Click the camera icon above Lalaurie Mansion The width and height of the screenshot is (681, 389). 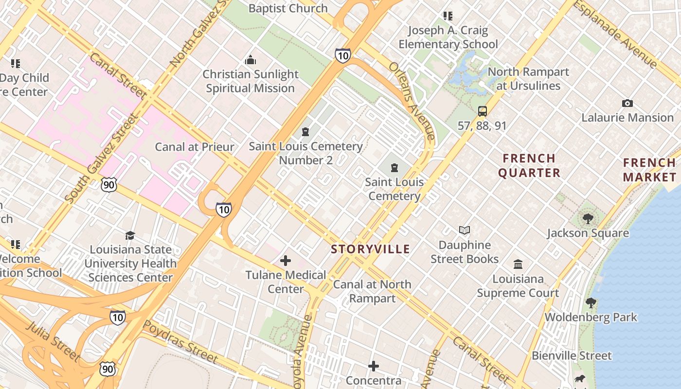click(x=627, y=103)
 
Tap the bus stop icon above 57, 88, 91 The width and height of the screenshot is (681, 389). click(x=482, y=111)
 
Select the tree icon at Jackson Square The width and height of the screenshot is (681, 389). click(x=588, y=218)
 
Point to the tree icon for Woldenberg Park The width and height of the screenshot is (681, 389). click(x=591, y=303)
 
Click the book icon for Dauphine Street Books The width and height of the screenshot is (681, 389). click(x=465, y=230)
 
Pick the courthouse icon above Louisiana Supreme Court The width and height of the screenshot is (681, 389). click(x=518, y=265)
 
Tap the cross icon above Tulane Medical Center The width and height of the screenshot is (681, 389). click(x=286, y=261)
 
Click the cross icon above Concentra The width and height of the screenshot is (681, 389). click(x=374, y=366)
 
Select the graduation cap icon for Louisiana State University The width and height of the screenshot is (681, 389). click(x=130, y=235)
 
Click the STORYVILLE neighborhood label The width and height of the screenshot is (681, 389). click(x=371, y=249)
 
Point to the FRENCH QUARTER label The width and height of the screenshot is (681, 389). click(x=529, y=166)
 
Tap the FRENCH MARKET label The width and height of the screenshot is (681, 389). click(x=650, y=170)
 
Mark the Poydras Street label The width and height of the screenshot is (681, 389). click(x=181, y=342)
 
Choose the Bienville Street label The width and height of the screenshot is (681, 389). click(x=572, y=355)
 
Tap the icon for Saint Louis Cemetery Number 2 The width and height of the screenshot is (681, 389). click(x=305, y=132)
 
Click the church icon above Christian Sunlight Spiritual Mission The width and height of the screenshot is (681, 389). click(x=251, y=60)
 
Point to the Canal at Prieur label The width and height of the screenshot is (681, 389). click(x=195, y=147)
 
